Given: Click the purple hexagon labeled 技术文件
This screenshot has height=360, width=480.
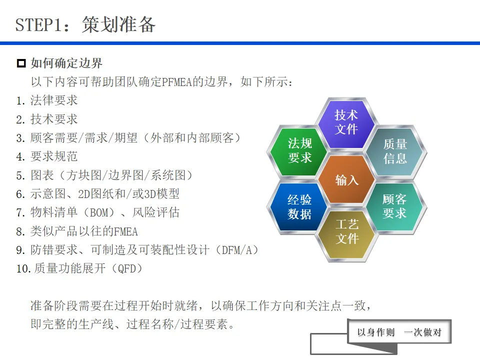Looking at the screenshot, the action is pyautogui.click(x=346, y=122).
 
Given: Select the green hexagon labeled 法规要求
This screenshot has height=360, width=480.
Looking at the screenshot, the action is pyautogui.click(x=300, y=150).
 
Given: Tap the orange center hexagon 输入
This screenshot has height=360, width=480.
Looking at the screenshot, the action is pyautogui.click(x=347, y=179).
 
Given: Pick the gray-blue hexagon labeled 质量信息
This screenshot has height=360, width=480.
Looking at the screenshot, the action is pyautogui.click(x=395, y=151).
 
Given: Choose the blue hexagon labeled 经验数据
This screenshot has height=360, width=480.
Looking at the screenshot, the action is pyautogui.click(x=300, y=207).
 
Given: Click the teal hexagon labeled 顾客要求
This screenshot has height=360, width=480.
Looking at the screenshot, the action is pyautogui.click(x=394, y=206).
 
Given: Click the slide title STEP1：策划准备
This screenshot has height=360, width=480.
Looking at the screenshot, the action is pyautogui.click(x=85, y=24).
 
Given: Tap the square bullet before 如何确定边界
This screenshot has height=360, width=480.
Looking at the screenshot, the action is pyautogui.click(x=21, y=63).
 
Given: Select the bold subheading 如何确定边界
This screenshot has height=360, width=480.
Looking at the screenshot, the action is pyautogui.click(x=66, y=63).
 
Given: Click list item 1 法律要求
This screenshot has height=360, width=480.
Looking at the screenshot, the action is pyautogui.click(x=54, y=100).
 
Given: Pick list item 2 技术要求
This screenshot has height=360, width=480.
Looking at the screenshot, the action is pyautogui.click(x=54, y=119).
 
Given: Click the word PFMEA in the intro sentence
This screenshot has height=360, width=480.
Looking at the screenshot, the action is pyautogui.click(x=176, y=82).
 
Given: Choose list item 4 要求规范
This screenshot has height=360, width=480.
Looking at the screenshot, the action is pyautogui.click(x=54, y=156).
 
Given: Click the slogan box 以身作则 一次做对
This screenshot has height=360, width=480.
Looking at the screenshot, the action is pyautogui.click(x=399, y=332).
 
